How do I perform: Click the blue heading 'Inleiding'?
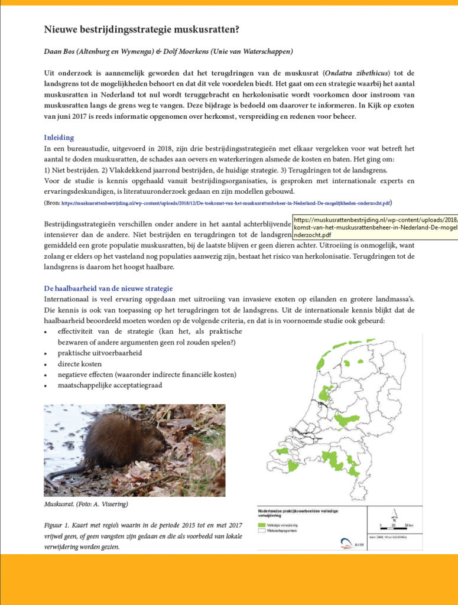click(x=60, y=138)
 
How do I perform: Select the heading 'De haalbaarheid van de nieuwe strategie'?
click(x=108, y=288)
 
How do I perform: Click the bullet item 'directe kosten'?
click(x=80, y=364)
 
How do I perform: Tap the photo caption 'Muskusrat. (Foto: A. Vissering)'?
click(x=86, y=504)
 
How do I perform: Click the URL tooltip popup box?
click(x=375, y=227)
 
